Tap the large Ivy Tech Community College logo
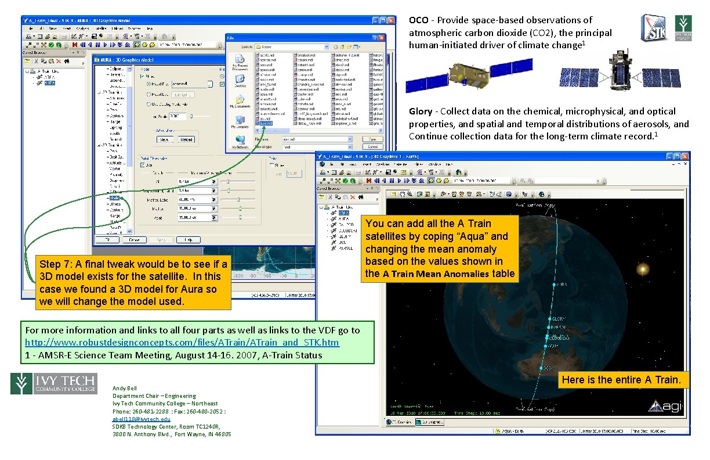[x=53, y=383]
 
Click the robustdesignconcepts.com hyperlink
[x=182, y=343]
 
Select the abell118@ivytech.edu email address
[x=142, y=419]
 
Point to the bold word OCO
[x=418, y=20]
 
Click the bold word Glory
[x=421, y=111]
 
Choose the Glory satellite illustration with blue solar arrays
[x=620, y=73]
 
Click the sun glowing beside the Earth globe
[x=642, y=269]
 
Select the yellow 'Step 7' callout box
[x=133, y=283]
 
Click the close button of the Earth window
[x=684, y=156]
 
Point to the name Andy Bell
[x=125, y=388]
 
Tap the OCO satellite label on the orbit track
[x=545, y=368]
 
